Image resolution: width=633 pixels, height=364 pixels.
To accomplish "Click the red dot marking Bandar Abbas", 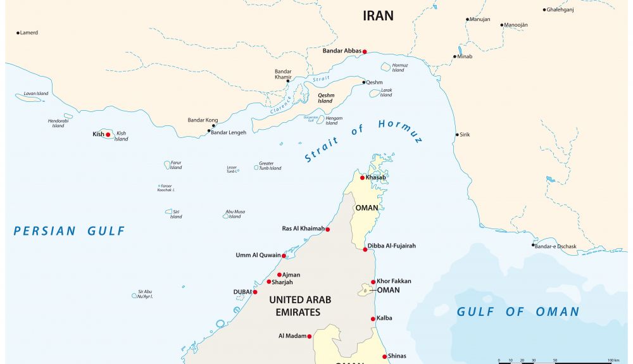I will tap(365, 52).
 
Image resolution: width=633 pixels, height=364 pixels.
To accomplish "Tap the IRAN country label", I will tap(378, 16).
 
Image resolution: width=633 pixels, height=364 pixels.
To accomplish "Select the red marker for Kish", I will tap(108, 134).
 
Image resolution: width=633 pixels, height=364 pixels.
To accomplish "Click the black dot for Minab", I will tap(454, 57).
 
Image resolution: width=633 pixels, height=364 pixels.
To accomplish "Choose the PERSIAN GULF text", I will tap(70, 231).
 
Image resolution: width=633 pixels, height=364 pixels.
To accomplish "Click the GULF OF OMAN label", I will tap(518, 311).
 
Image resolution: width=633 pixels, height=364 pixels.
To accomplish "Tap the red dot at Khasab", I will tap(362, 178).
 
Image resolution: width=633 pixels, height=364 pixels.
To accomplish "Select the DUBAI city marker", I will tap(255, 292).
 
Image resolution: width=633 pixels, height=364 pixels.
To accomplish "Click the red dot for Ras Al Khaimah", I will tap(327, 229).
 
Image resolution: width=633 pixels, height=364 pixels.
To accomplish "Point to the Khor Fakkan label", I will tap(394, 281).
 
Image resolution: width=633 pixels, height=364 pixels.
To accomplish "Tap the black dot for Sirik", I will tap(457, 135).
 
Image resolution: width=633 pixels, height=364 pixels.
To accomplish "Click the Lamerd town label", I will tap(29, 32).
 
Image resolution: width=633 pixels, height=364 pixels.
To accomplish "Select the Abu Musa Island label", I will tap(235, 214).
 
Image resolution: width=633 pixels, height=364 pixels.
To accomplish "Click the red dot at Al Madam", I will tap(310, 336).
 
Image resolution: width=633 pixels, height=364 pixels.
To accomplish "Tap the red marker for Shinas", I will tap(384, 356).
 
